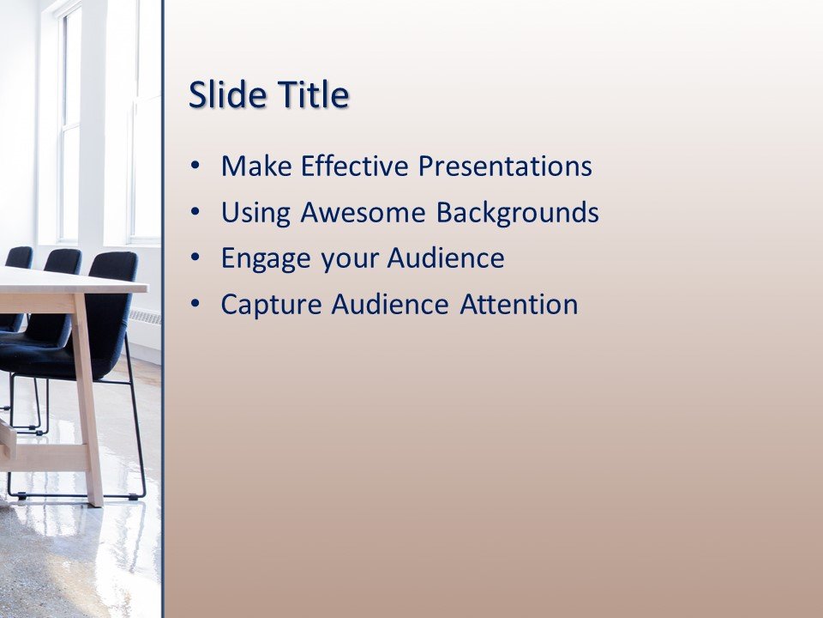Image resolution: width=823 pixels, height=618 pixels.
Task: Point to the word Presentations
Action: (x=505, y=166)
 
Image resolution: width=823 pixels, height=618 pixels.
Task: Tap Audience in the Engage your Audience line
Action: (x=446, y=258)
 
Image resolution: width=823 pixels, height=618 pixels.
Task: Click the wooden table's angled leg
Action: (x=87, y=395)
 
